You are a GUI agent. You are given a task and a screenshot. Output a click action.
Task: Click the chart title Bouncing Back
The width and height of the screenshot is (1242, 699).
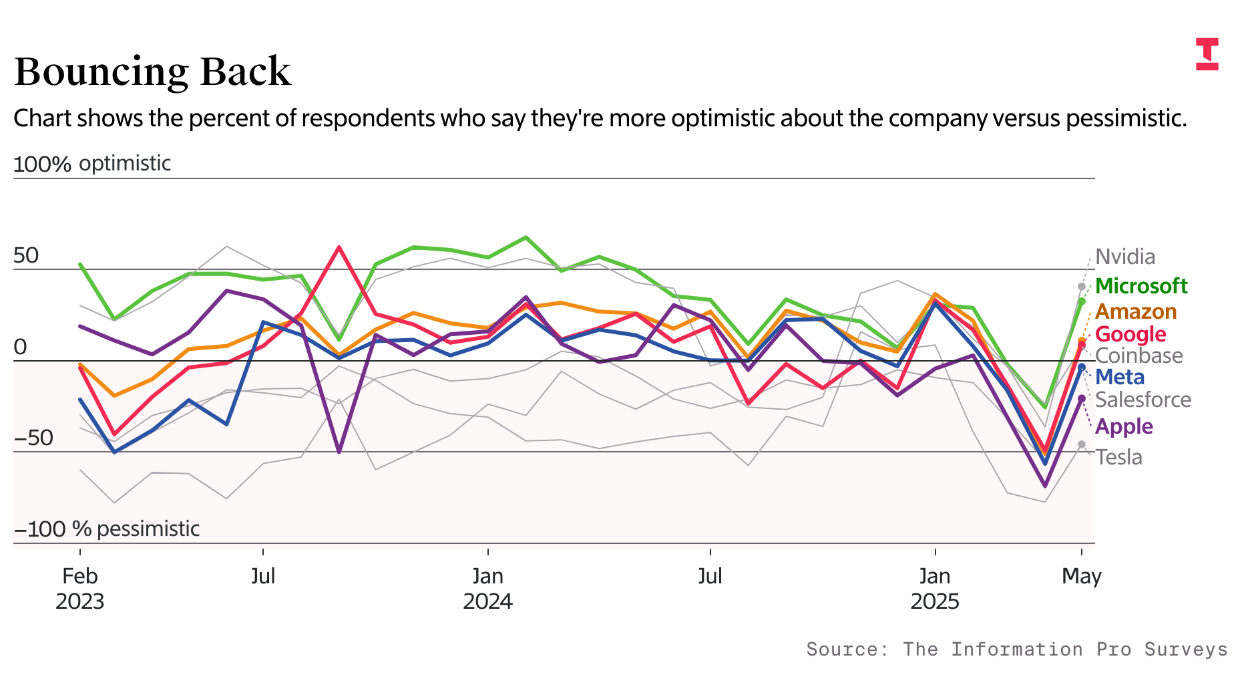(x=152, y=72)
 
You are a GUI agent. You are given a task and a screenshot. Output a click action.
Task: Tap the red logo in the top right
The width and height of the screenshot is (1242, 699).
(x=1207, y=54)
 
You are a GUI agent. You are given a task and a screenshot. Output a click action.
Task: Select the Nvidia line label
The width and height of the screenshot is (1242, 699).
(x=1125, y=257)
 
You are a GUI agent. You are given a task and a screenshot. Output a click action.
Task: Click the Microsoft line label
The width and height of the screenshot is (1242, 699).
(x=1141, y=286)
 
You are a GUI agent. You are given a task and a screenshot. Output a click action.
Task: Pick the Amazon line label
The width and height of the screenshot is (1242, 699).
(x=1136, y=311)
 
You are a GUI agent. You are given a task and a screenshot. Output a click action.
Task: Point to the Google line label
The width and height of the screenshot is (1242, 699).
(x=1130, y=334)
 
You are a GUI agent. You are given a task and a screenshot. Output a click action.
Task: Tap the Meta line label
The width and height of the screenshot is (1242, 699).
(x=1120, y=377)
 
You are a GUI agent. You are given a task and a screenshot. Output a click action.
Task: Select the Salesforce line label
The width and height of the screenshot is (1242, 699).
(x=1143, y=400)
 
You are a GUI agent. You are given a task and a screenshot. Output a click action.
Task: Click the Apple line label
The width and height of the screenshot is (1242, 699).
(x=1124, y=426)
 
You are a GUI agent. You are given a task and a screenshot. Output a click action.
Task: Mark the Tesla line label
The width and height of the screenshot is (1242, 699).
(x=1118, y=457)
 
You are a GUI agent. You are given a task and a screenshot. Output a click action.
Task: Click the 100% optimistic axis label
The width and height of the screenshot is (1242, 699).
(x=92, y=164)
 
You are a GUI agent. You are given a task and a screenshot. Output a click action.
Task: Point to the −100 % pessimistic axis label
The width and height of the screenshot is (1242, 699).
(x=107, y=529)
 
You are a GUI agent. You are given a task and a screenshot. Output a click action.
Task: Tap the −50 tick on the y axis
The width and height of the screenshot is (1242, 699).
(x=33, y=438)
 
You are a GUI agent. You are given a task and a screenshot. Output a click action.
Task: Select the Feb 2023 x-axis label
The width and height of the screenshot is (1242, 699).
(x=80, y=588)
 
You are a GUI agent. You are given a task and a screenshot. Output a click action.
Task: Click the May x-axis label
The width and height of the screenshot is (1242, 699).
(x=1081, y=576)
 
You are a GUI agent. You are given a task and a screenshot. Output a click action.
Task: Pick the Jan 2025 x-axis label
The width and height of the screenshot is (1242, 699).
(x=934, y=588)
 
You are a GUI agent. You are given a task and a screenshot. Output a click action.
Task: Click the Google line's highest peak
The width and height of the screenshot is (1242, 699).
(x=339, y=247)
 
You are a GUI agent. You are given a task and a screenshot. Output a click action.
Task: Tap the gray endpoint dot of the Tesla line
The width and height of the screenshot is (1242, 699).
(x=1082, y=444)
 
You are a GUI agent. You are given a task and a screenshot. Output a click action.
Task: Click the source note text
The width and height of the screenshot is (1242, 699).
(x=1016, y=649)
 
